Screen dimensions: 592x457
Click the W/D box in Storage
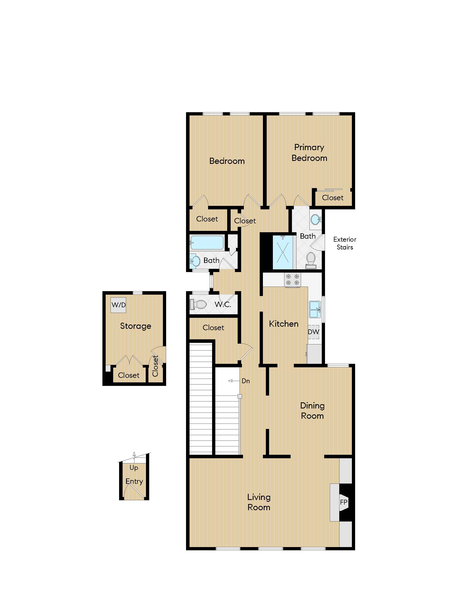click(118, 305)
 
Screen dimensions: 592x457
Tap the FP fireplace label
click(344, 502)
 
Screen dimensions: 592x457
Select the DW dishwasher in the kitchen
click(313, 332)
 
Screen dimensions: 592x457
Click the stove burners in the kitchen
click(292, 280)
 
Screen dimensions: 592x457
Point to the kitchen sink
click(315, 309)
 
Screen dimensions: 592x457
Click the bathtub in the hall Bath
click(206, 242)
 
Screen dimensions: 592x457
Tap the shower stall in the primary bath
click(283, 252)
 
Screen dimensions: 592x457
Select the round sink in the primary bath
click(315, 219)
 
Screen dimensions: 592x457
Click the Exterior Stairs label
click(345, 243)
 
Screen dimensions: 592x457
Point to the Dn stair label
click(245, 381)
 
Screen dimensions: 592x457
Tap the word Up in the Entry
click(134, 468)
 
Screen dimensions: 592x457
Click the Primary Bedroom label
click(309, 153)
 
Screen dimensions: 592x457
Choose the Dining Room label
click(312, 410)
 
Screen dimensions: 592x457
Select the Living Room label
click(259, 502)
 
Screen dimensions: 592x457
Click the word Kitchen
click(283, 324)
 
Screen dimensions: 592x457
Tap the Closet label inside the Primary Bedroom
click(333, 198)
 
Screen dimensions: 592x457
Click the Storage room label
click(135, 326)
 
